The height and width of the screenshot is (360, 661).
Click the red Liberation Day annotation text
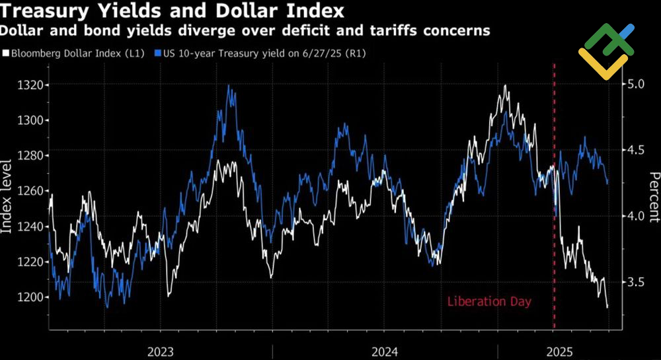coord(489,302)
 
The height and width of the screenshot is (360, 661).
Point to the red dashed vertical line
coord(554,198)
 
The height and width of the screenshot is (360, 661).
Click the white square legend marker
coord(6,54)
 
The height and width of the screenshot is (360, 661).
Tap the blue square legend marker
coord(157,54)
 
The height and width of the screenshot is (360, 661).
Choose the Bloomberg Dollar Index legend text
coord(77,54)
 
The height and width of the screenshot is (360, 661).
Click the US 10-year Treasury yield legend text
coord(262,54)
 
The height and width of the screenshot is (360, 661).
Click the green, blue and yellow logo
coord(605,51)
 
